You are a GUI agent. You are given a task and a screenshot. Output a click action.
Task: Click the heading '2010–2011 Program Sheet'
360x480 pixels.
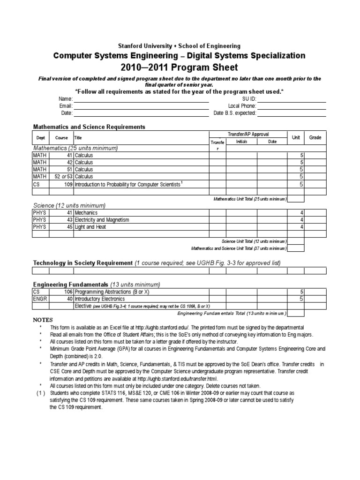click(x=180, y=67)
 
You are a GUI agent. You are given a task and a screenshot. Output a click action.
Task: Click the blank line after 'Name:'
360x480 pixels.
click(x=141, y=99)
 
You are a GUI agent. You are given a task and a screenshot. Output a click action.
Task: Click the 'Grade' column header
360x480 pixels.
click(x=315, y=137)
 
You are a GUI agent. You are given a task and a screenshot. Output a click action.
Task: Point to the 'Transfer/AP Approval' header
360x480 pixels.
click(x=248, y=134)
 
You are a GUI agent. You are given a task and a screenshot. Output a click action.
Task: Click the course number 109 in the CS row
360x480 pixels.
click(x=68, y=184)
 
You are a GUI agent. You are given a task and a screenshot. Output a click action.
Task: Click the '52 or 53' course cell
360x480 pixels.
click(x=64, y=177)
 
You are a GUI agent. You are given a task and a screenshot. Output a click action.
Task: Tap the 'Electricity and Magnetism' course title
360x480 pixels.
click(x=102, y=220)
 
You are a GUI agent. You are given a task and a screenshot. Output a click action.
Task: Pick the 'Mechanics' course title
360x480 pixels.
click(x=87, y=213)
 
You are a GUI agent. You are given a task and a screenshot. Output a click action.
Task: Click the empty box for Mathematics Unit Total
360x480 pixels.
click(x=295, y=199)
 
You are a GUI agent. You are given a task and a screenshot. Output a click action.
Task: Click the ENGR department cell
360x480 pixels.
click(x=41, y=299)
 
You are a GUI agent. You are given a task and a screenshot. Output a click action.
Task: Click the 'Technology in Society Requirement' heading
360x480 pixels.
click(x=82, y=263)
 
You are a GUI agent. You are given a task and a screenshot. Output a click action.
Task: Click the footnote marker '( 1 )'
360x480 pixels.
click(x=41, y=392)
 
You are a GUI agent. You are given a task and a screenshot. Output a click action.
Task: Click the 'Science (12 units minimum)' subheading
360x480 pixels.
click(x=69, y=205)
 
